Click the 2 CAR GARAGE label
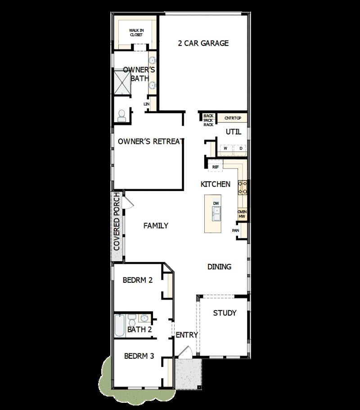tap(203, 43)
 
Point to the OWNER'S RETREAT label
tap(151, 141)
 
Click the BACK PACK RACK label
tap(208, 120)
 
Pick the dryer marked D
tap(240, 148)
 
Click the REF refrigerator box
tap(216, 167)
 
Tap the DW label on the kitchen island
tap(216, 204)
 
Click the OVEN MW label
tap(242, 214)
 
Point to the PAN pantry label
tap(235, 231)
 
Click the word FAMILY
tap(156, 226)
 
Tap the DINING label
tap(219, 267)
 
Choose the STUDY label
tap(225, 313)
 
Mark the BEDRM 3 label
tap(139, 356)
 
